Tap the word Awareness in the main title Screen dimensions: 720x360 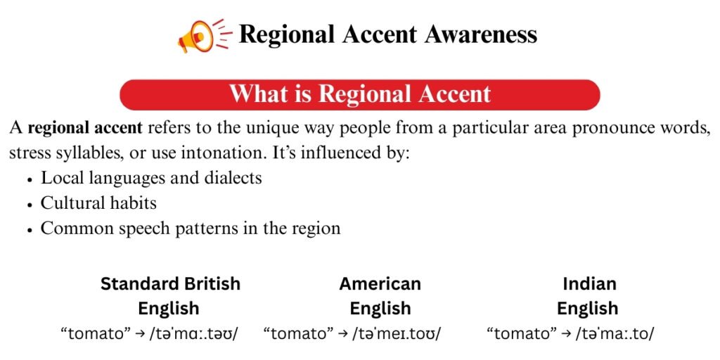pyautogui.click(x=480, y=34)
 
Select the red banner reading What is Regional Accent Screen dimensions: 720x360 pyautogui.click(x=359, y=95)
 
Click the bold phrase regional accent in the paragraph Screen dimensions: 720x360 pyautogui.click(x=85, y=129)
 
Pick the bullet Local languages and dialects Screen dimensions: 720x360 pyautogui.click(x=152, y=178)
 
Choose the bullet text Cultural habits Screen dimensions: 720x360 pyautogui.click(x=98, y=203)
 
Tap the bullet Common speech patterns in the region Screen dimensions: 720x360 pyautogui.click(x=191, y=229)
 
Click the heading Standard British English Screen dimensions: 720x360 pyautogui.click(x=170, y=296)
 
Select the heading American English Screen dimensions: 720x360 pyautogui.click(x=380, y=296)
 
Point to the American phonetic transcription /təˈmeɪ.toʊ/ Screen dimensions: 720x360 pyautogui.click(x=397, y=334)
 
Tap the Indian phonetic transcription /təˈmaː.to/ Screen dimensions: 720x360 pyautogui.click(x=612, y=334)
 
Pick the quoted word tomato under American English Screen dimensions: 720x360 pyautogui.click(x=299, y=333)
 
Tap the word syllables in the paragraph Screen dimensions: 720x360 pyautogui.click(x=90, y=153)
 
